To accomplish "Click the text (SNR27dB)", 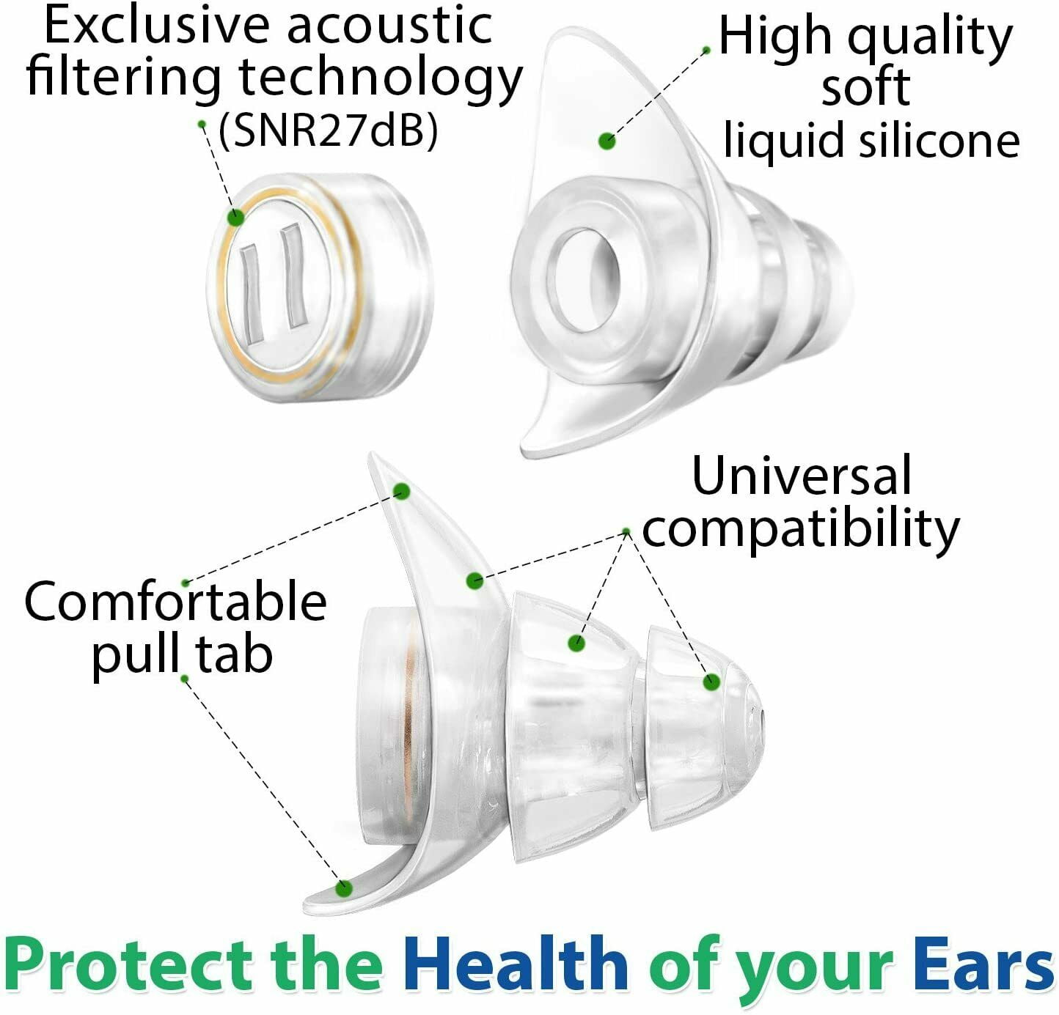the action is (328, 131).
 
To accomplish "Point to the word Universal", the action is (802, 475).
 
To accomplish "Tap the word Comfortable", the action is (176, 600).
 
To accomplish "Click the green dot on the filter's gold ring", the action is (235, 218).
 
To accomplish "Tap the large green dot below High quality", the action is (607, 141).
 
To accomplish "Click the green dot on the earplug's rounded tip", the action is (712, 682).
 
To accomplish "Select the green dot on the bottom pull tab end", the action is (343, 890).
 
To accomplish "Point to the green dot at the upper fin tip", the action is (402, 492).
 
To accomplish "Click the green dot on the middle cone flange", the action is (576, 643).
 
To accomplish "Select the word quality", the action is (930, 38).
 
